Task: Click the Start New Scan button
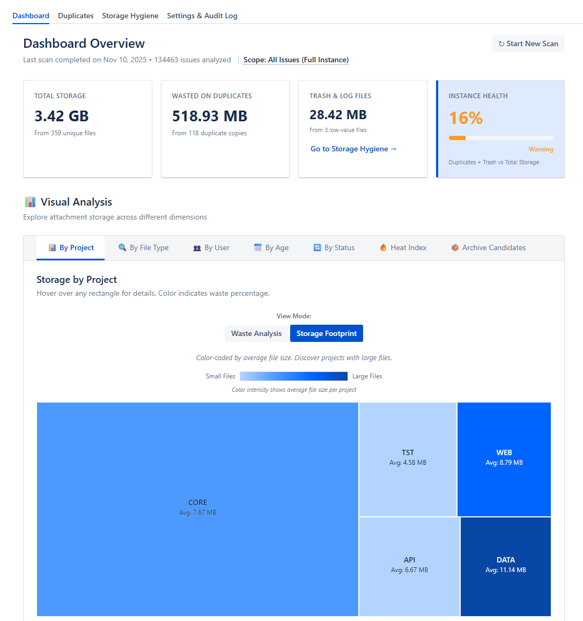528,44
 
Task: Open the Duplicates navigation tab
76,16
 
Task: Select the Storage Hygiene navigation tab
130,16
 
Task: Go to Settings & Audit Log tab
202,16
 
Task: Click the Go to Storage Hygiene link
353,149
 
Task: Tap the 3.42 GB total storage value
62,116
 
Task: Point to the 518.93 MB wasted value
210,116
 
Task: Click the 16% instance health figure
466,118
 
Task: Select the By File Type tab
144,247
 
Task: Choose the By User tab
211,247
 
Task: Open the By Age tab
271,247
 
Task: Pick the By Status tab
334,247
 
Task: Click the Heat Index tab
403,247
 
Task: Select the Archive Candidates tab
488,247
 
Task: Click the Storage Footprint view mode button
327,333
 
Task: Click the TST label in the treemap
408,452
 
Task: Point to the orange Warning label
541,149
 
